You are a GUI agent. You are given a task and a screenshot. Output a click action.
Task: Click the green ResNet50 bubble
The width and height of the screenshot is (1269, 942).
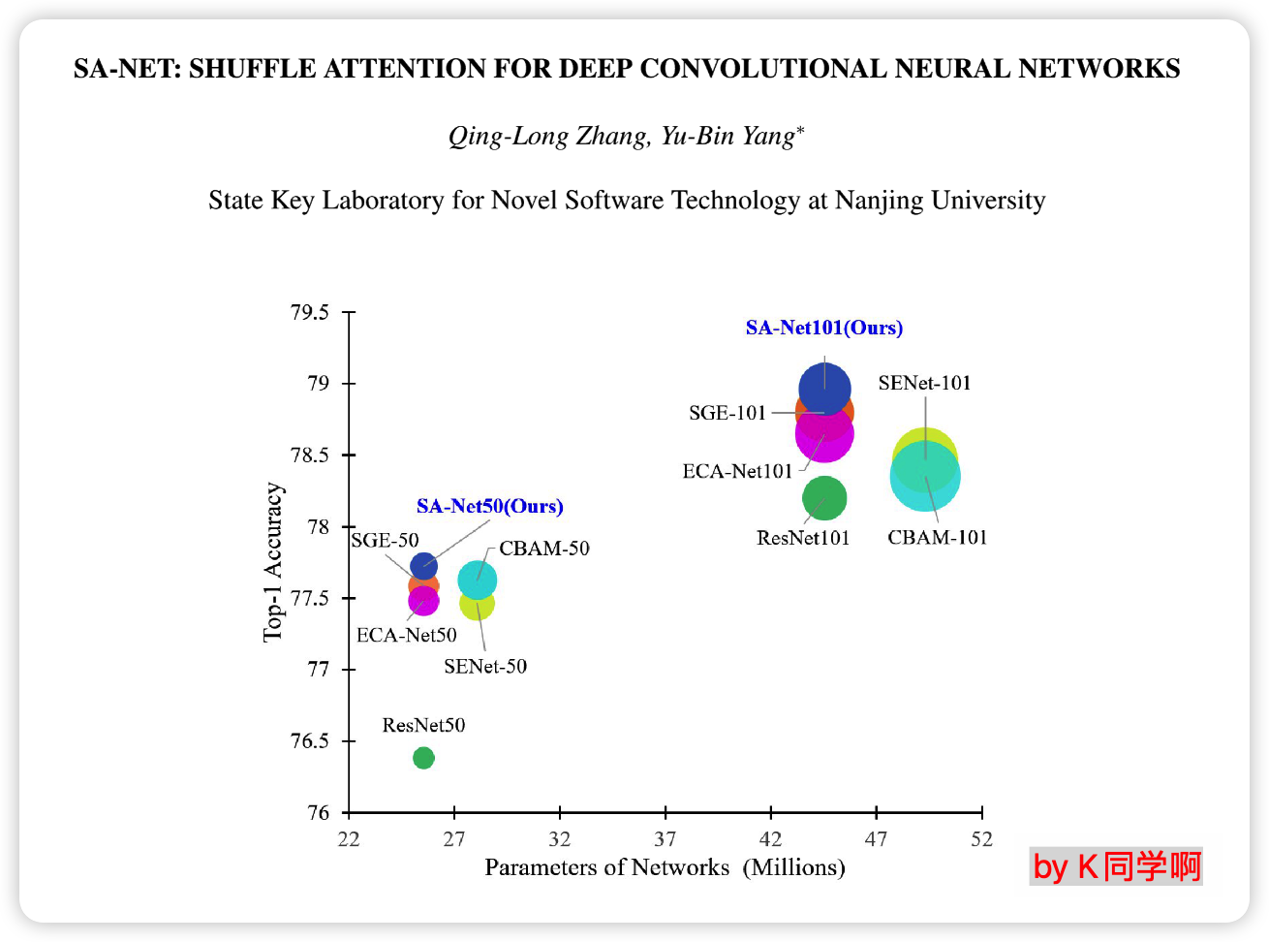[x=423, y=757]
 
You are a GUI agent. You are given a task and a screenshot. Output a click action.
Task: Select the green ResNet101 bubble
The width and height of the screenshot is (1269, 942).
[x=824, y=499]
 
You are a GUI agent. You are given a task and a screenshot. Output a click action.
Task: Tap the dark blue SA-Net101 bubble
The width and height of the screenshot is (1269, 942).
[x=824, y=388]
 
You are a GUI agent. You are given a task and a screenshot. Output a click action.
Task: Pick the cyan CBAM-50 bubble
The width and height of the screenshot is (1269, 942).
[x=478, y=580]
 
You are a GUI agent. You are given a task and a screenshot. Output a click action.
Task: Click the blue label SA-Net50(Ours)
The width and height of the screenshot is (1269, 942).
[x=489, y=506]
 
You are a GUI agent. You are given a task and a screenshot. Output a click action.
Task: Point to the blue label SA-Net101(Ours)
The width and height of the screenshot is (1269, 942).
[x=823, y=328]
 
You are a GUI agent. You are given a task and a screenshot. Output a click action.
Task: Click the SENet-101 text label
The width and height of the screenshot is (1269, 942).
[x=924, y=383]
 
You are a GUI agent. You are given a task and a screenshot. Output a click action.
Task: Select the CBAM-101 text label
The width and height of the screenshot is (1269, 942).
[x=937, y=537]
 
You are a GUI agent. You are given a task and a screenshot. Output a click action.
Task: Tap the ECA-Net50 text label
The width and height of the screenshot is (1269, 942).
[x=406, y=635]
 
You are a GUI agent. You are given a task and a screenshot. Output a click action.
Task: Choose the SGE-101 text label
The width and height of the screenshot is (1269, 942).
[x=727, y=413]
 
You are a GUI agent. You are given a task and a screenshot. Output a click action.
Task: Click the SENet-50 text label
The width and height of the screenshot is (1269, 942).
[x=485, y=666]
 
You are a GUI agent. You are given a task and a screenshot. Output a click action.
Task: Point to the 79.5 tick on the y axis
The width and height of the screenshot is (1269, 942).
[x=310, y=313]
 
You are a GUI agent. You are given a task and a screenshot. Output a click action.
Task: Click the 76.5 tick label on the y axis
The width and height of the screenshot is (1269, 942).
[x=310, y=741]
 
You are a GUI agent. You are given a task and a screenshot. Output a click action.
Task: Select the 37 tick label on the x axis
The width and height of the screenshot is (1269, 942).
[x=665, y=838]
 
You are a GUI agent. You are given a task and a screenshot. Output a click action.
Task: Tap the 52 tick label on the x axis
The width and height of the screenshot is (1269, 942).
[x=981, y=838]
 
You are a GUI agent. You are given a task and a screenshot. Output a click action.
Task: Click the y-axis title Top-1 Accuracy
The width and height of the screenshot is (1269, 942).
[x=274, y=562]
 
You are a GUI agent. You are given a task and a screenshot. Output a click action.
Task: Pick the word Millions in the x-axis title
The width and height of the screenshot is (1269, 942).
[x=793, y=866]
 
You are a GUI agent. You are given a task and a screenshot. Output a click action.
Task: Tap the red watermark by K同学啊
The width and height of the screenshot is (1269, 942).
[x=1116, y=865]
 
